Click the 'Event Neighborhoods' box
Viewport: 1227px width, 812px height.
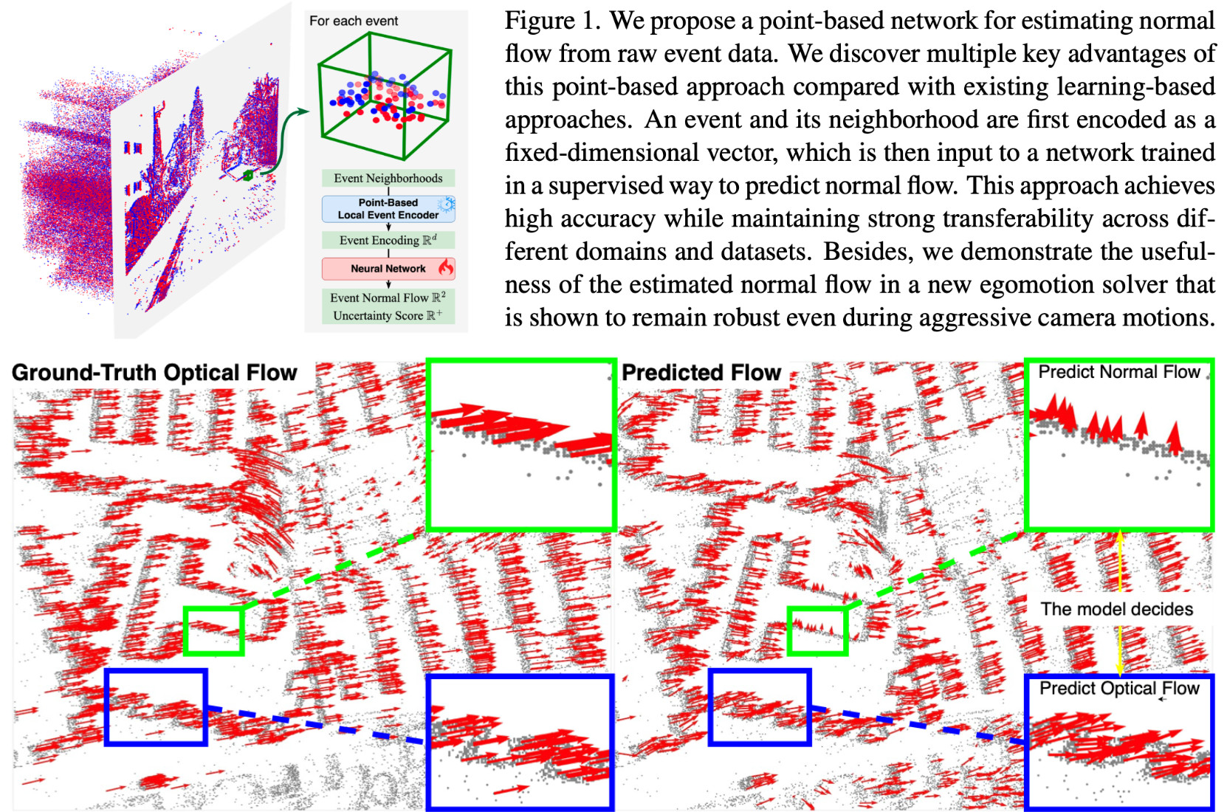(388, 178)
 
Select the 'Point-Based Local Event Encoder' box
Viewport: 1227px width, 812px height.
(388, 209)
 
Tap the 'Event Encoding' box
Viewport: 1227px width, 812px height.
(388, 240)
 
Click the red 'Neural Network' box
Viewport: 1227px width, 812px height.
(388, 269)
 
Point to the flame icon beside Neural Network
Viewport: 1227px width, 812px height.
(446, 267)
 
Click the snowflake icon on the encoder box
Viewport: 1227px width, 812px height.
(446, 204)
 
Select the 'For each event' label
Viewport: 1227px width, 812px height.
(353, 21)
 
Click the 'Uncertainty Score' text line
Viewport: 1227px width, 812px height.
(388, 315)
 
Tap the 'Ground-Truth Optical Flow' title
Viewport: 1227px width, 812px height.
(154, 373)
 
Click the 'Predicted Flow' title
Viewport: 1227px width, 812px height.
(701, 373)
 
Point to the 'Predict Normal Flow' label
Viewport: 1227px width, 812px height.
(1118, 372)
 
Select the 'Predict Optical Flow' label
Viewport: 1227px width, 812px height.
(1119, 689)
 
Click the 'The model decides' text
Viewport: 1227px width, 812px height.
(1116, 609)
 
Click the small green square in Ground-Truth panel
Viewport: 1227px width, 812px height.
(213, 630)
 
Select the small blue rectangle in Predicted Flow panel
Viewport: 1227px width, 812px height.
(759, 706)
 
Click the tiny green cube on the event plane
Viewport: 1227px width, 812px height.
(248, 175)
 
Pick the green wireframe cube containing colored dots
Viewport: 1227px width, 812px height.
(384, 96)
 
